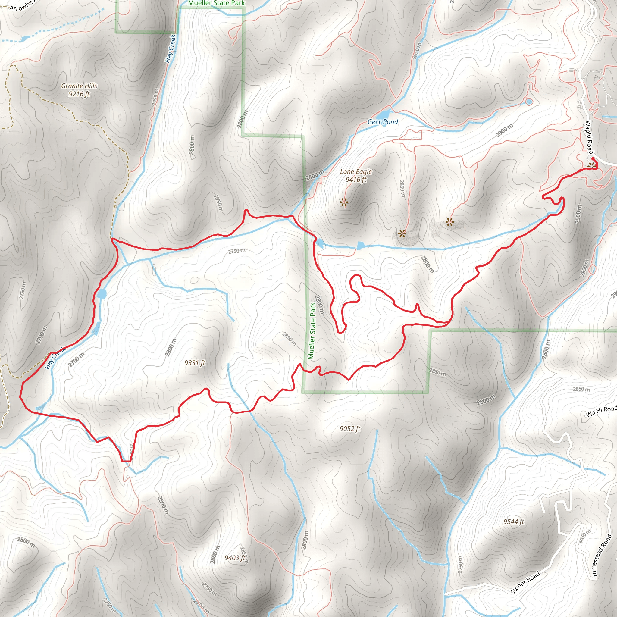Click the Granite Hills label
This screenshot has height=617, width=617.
click(x=79, y=86)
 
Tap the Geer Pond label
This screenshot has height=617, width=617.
click(x=383, y=122)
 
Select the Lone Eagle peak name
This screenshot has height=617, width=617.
click(x=356, y=171)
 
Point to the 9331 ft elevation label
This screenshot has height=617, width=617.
click(x=195, y=363)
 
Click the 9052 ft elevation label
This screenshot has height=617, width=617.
click(x=350, y=429)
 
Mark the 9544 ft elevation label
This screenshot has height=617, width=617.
click(x=514, y=521)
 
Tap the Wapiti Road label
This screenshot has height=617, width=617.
click(x=589, y=137)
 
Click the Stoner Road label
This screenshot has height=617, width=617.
click(x=525, y=583)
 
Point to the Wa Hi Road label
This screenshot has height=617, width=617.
click(x=601, y=411)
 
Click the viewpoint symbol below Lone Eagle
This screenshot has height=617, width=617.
click(x=344, y=202)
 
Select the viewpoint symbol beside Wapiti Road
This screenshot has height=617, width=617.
click(x=592, y=165)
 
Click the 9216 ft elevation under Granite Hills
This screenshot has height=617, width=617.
click(x=79, y=94)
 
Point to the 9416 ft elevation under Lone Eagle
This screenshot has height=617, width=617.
click(x=356, y=180)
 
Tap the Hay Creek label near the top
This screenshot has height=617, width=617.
click(x=171, y=49)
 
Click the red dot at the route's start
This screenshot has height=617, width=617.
click(x=593, y=158)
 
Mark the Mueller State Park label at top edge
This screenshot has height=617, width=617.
click(x=216, y=3)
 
